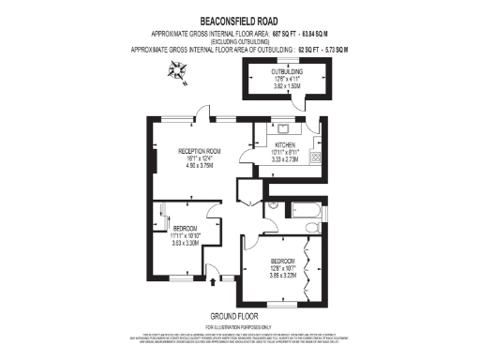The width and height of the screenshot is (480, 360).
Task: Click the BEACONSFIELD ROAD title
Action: (239, 19)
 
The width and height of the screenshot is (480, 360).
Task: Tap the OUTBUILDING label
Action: (287, 71)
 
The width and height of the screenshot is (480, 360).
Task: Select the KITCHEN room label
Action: (285, 145)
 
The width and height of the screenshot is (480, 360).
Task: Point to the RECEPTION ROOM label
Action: (201, 151)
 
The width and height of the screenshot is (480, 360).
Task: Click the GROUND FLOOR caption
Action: (239, 315)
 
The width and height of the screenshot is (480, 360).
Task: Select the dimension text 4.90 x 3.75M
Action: (201, 166)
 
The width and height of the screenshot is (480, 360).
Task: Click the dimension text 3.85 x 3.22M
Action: (282, 276)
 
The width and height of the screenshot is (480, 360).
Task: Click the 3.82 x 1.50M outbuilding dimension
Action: (287, 86)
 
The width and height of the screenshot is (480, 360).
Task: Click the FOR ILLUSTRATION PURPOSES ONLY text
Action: (239, 325)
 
